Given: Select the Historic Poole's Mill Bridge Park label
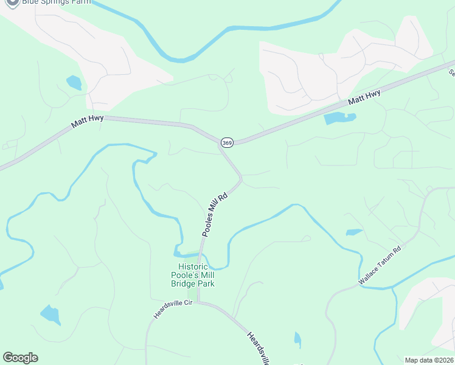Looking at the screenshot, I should click(x=196, y=275).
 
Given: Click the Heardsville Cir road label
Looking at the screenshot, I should click(x=173, y=310).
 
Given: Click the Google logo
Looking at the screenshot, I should click(x=20, y=358).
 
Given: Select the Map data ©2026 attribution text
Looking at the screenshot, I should click(x=428, y=360).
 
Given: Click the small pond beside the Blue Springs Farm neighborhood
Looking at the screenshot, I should click(x=74, y=82).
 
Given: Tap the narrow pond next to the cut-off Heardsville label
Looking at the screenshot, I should click(x=297, y=339).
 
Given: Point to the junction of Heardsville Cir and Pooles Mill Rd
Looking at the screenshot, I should click(x=198, y=302).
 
